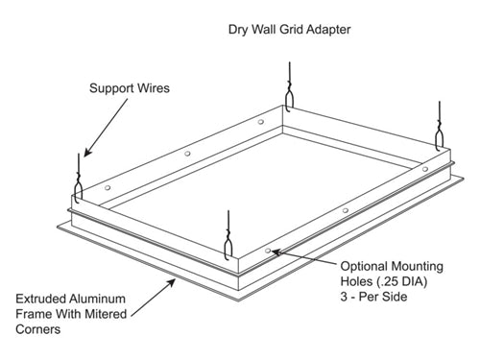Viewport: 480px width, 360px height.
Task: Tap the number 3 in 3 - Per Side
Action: click(x=343, y=300)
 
